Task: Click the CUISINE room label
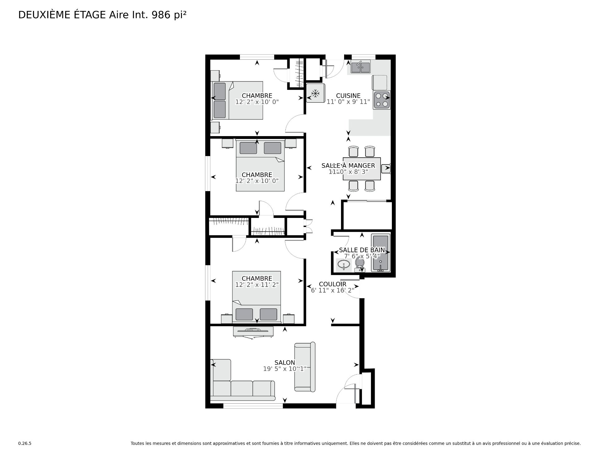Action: click(x=348, y=96)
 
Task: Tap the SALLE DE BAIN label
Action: click(x=362, y=250)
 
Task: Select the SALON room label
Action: click(x=285, y=362)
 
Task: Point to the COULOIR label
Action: click(x=333, y=284)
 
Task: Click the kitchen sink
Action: click(x=360, y=67)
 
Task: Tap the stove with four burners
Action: click(x=382, y=100)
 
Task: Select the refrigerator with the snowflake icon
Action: click(x=315, y=93)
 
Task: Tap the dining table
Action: click(x=362, y=169)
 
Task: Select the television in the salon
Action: click(x=253, y=332)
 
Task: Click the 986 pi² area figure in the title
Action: click(x=169, y=15)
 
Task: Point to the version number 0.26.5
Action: click(x=25, y=443)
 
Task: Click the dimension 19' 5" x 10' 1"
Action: click(x=285, y=369)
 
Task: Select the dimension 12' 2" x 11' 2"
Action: click(x=257, y=285)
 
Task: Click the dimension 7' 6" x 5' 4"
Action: click(x=362, y=256)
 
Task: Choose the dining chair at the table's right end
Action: click(x=386, y=169)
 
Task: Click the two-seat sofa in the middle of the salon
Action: click(x=305, y=367)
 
